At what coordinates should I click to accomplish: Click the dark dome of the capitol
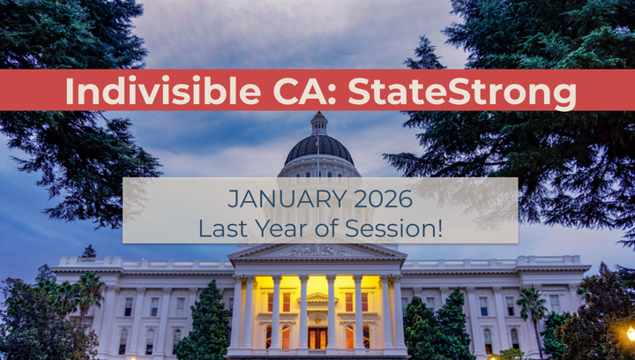click(319, 147)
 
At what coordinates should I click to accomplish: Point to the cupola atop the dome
click(318, 123)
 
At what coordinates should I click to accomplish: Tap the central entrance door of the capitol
click(317, 337)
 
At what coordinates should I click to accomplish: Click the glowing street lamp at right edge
click(631, 333)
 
